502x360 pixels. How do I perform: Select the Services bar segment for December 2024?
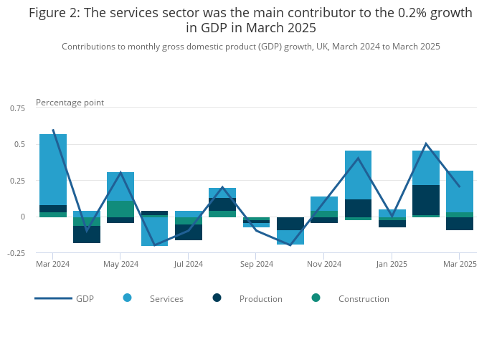click(x=358, y=175)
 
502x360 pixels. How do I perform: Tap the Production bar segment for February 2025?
click(x=426, y=200)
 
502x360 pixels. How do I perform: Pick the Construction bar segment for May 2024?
click(x=120, y=209)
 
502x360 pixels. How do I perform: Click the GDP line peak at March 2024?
click(x=53, y=130)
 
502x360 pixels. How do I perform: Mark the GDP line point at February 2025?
click(x=426, y=144)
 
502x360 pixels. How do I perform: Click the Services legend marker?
click(x=127, y=298)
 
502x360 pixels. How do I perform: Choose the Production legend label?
click(x=260, y=299)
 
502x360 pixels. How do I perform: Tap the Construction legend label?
click(x=364, y=299)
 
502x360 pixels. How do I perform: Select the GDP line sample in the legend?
click(x=53, y=298)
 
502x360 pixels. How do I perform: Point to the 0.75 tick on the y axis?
click(x=17, y=108)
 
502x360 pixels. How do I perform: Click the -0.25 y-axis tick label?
click(x=16, y=253)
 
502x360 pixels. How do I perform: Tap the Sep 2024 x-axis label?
click(x=256, y=265)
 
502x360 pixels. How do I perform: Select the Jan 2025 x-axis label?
click(x=392, y=265)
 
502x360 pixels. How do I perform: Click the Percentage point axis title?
click(x=70, y=103)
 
